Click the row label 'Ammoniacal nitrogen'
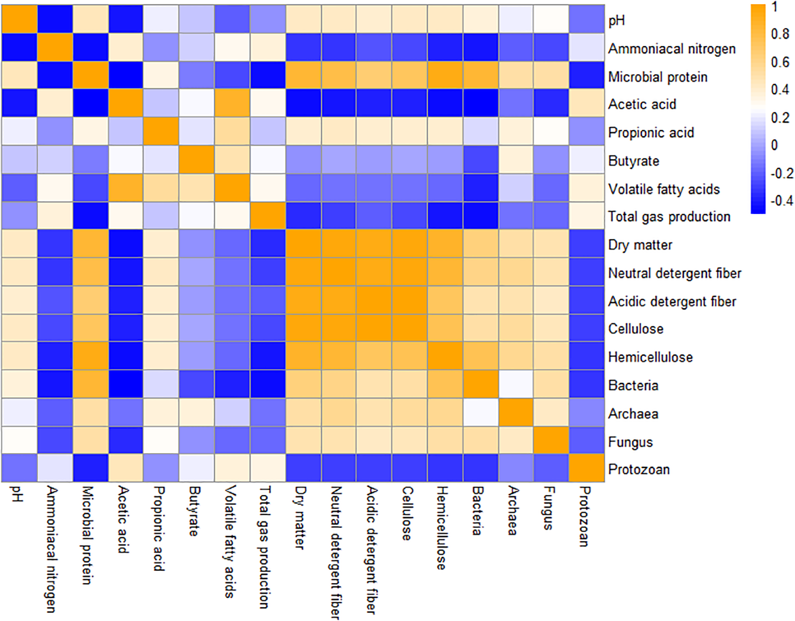coord(672,49)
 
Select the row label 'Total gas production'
coord(669,216)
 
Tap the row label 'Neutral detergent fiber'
coord(674,273)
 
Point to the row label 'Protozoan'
coord(639,469)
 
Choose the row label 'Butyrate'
coord(633,161)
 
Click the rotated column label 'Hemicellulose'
coord(441,528)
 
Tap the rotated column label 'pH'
coord(17,494)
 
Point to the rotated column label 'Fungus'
coord(548,508)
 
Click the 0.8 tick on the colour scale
coord(779,34)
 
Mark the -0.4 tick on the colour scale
coord(782,201)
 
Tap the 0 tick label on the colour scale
coord(774,145)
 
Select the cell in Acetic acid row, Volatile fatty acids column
coord(232,104)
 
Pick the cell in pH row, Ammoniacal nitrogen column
coord(54,19)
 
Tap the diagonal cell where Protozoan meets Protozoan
coord(587,468)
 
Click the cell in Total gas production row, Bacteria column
coord(480,215)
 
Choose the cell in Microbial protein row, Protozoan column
coord(587,76)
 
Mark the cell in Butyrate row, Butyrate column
coord(196,160)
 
